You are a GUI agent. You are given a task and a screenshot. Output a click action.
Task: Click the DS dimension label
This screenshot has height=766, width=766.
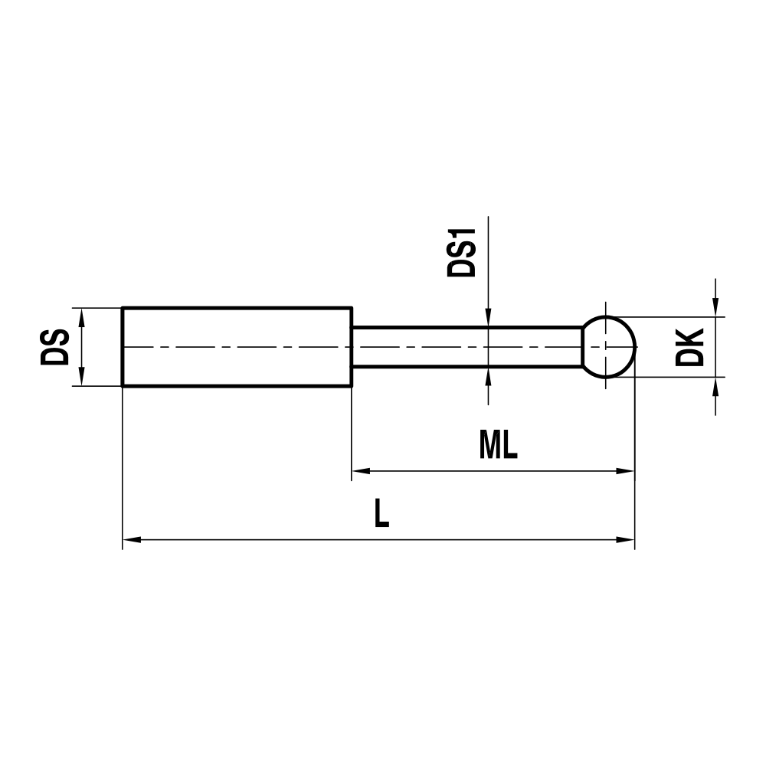[x=56, y=347]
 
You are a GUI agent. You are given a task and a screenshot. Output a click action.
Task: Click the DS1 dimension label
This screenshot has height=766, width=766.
[x=463, y=253]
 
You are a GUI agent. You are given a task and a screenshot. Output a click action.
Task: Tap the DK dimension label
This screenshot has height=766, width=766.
[x=691, y=347]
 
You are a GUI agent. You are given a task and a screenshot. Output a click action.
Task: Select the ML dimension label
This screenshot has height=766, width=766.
[x=499, y=446]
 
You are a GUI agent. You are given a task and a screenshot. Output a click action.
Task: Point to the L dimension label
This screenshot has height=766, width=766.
[x=381, y=514]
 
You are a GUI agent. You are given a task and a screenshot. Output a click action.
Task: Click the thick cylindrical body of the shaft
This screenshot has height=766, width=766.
[x=237, y=347]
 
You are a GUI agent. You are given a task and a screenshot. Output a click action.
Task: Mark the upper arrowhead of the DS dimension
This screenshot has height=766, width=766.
[x=81, y=315]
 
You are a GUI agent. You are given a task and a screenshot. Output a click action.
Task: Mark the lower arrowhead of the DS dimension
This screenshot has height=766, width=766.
[x=81, y=379]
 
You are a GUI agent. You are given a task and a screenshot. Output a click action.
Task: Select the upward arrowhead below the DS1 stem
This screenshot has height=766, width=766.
[x=487, y=376]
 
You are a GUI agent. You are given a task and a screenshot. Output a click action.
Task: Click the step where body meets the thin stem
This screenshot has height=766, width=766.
[x=352, y=347]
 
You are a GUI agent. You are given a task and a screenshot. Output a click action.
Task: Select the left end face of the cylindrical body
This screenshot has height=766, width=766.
[x=123, y=347]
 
